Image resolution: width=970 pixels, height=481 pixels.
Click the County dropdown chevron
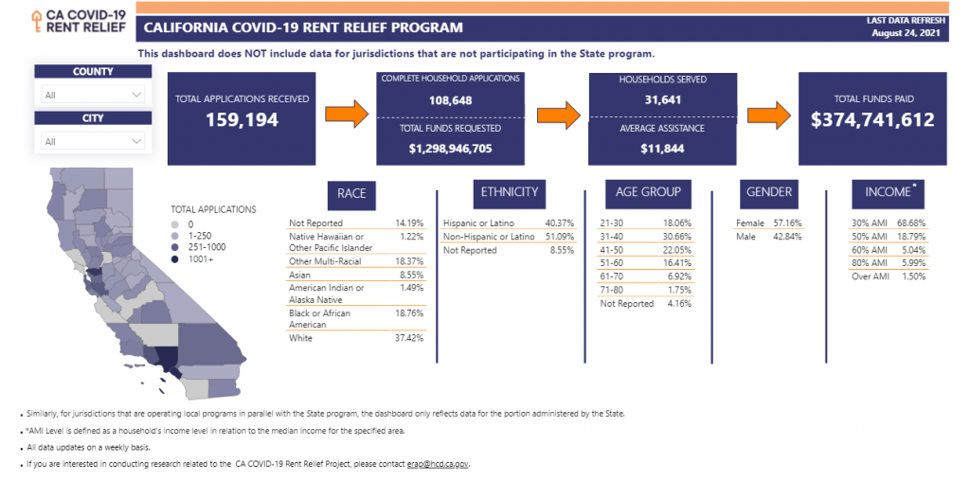(136, 96)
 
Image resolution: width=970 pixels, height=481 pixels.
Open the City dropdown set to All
(93, 142)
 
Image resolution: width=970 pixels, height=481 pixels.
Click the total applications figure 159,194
(242, 119)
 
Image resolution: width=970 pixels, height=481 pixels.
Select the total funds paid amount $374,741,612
(872, 119)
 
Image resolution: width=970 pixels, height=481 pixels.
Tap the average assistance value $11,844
(662, 149)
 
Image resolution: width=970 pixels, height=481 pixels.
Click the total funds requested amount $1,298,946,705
(450, 149)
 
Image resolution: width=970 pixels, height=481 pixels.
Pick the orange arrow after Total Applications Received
(347, 115)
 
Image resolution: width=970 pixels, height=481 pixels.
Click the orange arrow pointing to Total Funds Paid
(769, 115)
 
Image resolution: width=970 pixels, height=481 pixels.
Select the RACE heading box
(351, 193)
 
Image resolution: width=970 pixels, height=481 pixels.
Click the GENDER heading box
(769, 191)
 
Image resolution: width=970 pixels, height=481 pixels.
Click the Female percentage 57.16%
(787, 223)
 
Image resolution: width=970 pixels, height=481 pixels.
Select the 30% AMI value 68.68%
(912, 223)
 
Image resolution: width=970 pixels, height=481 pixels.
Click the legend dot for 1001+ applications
(175, 259)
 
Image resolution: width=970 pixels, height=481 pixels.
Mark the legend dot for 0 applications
(175, 224)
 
